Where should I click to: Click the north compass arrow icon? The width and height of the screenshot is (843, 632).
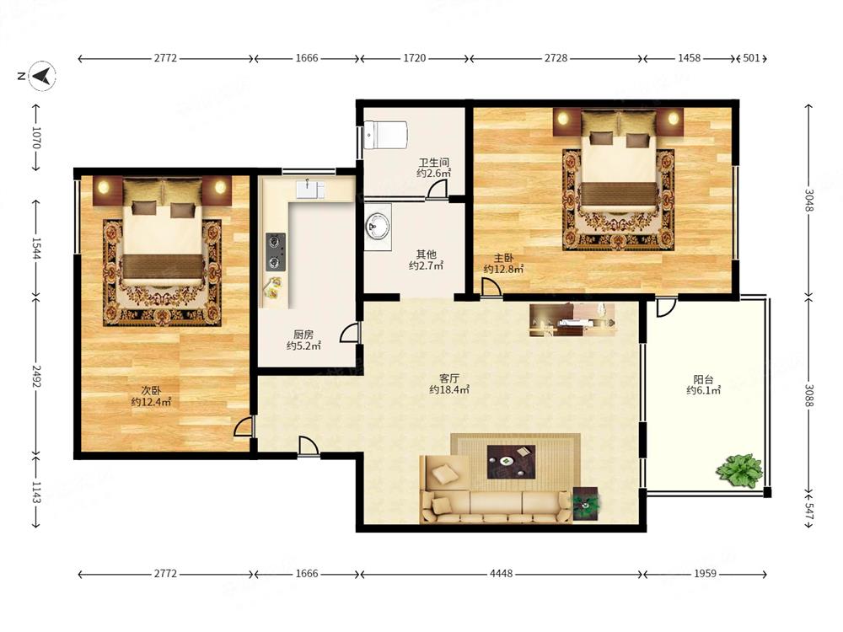42,75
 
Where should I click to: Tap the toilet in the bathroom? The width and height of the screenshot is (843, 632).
385,135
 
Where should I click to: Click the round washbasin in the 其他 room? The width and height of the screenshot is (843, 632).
379,226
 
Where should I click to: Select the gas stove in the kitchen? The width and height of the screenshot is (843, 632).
276,251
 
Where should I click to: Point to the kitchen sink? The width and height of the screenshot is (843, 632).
310,190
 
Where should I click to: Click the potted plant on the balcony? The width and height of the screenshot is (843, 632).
739,471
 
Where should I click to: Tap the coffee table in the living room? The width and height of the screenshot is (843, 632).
511,462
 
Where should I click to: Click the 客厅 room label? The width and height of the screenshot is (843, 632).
448,378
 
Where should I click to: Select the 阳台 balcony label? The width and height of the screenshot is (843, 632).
703,379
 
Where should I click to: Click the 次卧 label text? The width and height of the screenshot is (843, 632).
151,390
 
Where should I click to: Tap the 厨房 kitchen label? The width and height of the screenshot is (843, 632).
303,335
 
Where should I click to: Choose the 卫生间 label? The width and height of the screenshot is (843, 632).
434,162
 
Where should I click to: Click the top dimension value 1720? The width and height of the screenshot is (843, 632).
415,58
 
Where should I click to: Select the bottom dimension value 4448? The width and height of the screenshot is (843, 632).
501,574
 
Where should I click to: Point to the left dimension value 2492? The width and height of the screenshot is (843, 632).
36,376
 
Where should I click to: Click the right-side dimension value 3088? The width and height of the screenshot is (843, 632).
808,395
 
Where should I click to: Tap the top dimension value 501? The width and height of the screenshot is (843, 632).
751,58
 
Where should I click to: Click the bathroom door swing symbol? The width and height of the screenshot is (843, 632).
437,190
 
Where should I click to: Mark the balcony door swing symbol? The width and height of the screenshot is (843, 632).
666,308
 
